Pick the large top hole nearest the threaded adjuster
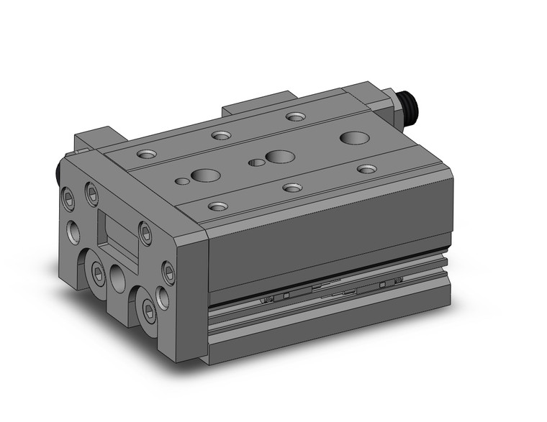pyautogui.click(x=353, y=137)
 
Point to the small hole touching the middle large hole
pyautogui.click(x=256, y=162)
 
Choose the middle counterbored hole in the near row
pyautogui.click(x=291, y=188)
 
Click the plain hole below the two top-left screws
pyautogui.click(x=75, y=231)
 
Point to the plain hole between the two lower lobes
pyautogui.click(x=118, y=277)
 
